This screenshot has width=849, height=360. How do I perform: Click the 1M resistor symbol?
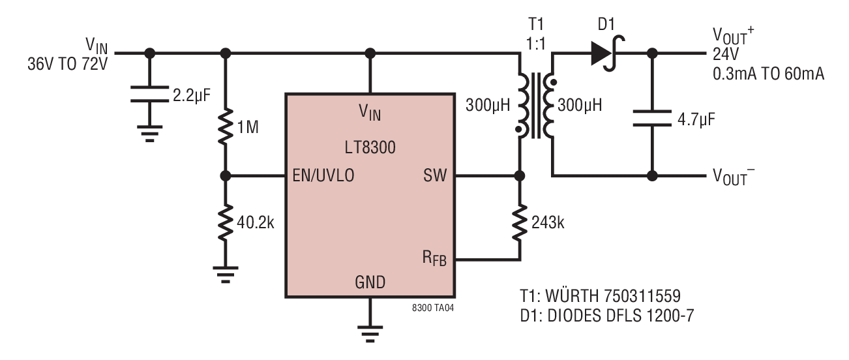(226, 127)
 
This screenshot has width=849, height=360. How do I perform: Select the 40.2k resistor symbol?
(226, 222)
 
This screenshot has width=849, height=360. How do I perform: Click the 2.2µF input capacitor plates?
(150, 94)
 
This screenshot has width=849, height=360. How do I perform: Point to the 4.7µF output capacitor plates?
(652, 118)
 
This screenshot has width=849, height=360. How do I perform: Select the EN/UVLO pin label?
(323, 175)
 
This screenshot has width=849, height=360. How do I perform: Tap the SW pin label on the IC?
(435, 175)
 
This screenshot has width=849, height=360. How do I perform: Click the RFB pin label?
(434, 259)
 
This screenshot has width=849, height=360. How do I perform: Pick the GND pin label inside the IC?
(370, 282)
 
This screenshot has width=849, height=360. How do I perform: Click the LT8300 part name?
(370, 147)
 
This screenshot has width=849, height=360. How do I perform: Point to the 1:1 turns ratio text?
(535, 44)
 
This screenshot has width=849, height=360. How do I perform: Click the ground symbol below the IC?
(370, 333)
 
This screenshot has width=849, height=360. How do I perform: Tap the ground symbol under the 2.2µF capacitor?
(150, 134)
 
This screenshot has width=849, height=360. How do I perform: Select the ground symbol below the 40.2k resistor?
(226, 275)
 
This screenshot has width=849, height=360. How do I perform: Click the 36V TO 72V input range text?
(67, 64)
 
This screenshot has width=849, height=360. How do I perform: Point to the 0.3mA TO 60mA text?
(769, 74)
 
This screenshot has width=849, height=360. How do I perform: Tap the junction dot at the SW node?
(520, 176)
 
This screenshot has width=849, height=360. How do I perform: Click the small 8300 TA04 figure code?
(433, 308)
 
